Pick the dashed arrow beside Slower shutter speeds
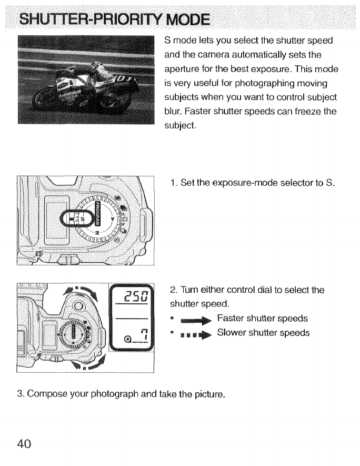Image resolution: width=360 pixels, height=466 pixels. (195, 334)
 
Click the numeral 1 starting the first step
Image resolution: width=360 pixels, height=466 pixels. (172, 183)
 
